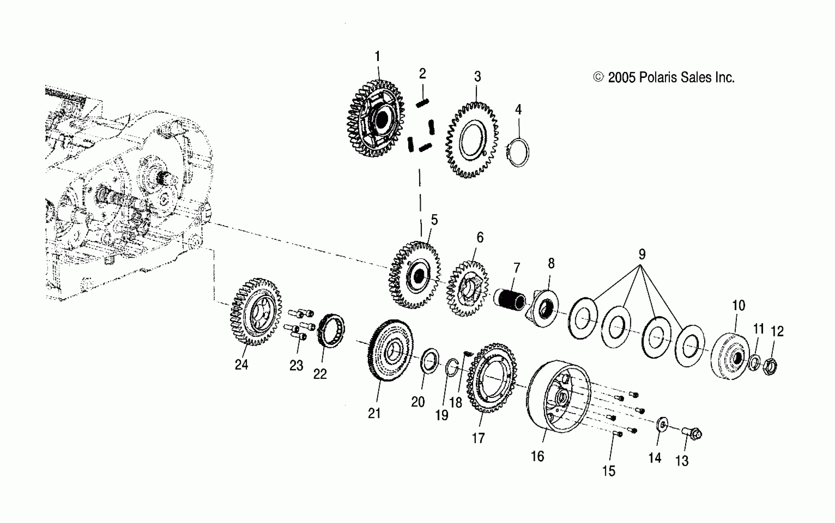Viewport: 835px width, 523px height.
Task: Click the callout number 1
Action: (x=377, y=56)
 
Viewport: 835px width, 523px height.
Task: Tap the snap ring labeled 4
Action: (x=519, y=153)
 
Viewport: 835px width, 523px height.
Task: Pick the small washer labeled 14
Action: (x=662, y=425)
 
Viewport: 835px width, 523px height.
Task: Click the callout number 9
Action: (x=642, y=254)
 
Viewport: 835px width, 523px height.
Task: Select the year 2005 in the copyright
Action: (x=621, y=78)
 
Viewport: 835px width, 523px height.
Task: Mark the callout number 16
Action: (x=537, y=456)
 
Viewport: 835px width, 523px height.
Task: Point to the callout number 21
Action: (x=374, y=413)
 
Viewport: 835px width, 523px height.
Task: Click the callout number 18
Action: (x=456, y=402)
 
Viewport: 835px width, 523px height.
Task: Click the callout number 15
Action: (x=609, y=471)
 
